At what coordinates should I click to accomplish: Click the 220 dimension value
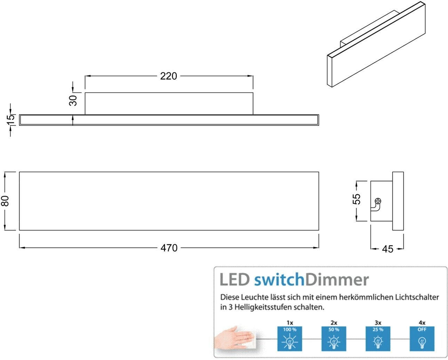point(168,76)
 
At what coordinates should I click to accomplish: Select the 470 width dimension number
point(169,248)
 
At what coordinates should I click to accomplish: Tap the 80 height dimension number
point(5,201)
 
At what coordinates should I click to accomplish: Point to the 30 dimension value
point(73,101)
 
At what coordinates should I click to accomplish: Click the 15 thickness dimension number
point(11,120)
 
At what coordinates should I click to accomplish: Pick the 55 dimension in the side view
point(357,199)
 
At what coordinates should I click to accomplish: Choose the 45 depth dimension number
point(387,249)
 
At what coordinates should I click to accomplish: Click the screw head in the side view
point(378,201)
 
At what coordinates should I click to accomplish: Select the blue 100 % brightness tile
point(290,338)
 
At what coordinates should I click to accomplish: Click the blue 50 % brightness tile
point(334,338)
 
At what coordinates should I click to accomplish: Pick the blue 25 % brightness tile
point(378,338)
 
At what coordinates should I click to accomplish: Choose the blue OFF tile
point(422,338)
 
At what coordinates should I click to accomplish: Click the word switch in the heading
point(279,280)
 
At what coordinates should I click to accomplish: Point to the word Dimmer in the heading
point(336,280)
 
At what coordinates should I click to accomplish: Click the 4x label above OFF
point(422,323)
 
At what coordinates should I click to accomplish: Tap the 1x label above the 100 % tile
point(290,323)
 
